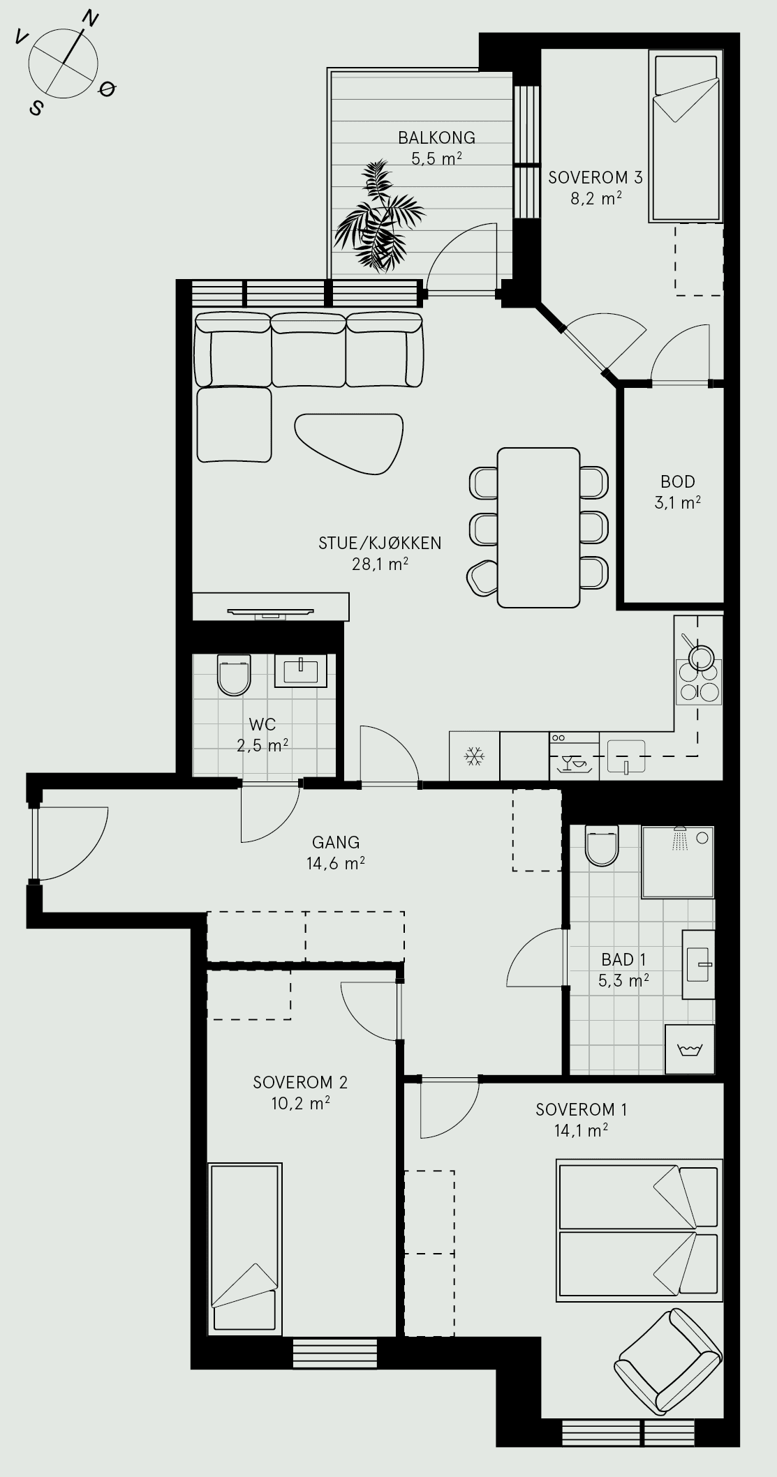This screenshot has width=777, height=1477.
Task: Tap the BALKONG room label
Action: [436, 137]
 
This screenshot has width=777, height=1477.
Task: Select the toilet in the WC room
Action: [234, 675]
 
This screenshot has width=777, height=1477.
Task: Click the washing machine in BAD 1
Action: [690, 1049]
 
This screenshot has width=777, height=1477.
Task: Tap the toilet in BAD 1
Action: [602, 845]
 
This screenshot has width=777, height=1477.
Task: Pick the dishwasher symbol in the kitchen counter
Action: [574, 756]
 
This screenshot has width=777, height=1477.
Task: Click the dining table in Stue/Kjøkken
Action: [539, 527]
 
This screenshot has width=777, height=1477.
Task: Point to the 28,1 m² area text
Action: [380, 564]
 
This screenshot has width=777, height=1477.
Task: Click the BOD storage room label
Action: [678, 481]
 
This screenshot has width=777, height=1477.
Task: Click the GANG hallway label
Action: [336, 842]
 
